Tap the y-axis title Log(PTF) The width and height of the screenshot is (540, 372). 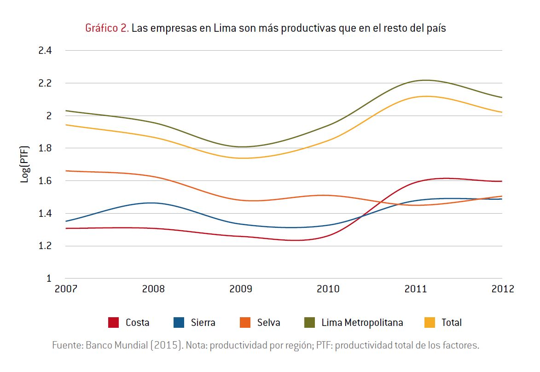25,164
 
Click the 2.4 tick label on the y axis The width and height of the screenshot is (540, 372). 45,51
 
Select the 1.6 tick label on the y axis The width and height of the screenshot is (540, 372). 45,181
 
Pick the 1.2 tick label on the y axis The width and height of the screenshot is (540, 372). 45,246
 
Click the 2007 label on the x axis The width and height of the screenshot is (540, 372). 66,289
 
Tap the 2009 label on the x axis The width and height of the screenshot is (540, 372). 241,289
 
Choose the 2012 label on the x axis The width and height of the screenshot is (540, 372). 502,289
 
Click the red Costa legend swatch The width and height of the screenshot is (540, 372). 114,323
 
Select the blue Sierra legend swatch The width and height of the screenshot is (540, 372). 179,323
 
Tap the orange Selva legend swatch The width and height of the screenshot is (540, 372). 245,323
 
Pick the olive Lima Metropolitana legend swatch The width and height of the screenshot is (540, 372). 310,323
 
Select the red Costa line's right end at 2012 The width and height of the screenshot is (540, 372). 501,181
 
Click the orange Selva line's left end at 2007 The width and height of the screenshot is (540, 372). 67,171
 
